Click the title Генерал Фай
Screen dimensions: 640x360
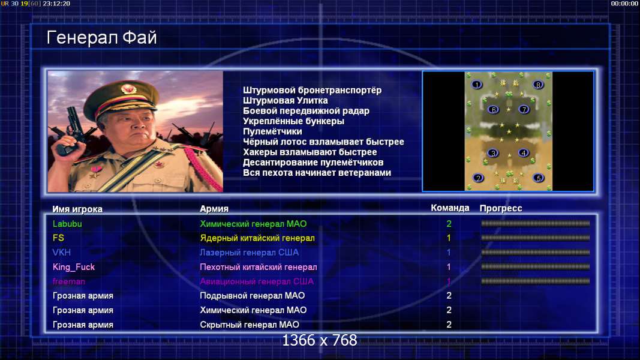[101, 38]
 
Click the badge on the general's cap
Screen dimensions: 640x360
[128, 89]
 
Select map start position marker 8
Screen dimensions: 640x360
[538, 85]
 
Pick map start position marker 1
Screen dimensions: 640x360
[476, 85]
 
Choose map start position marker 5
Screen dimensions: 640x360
[539, 178]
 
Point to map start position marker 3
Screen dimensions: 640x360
[493, 153]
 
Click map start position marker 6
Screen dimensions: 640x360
[494, 109]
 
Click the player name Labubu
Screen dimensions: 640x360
[67, 224]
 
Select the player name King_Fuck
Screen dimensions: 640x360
[73, 267]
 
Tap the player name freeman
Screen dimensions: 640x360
[68, 281]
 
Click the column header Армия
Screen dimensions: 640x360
[214, 209]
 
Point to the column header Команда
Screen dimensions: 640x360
[450, 208]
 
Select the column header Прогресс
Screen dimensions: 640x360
[501, 208]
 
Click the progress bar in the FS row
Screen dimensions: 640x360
[535, 238]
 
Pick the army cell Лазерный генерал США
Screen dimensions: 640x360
[249, 252]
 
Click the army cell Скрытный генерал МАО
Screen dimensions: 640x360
[250, 325]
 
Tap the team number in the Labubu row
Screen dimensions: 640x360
[449, 224]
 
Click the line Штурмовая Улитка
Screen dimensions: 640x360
[286, 100]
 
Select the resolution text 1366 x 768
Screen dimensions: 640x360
[320, 340]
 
